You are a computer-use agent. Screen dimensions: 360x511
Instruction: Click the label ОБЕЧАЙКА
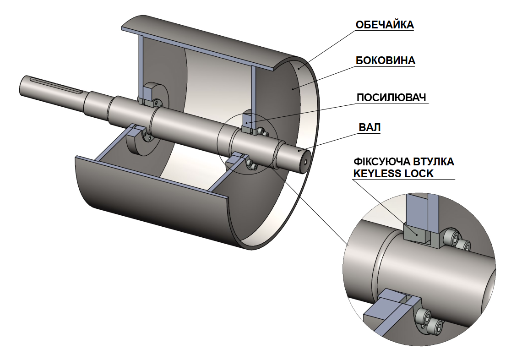(385, 25)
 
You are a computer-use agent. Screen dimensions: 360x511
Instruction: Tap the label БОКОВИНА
(385, 60)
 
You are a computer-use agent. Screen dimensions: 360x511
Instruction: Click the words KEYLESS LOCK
(393, 173)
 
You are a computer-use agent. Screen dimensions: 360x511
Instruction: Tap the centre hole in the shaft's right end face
(305, 161)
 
